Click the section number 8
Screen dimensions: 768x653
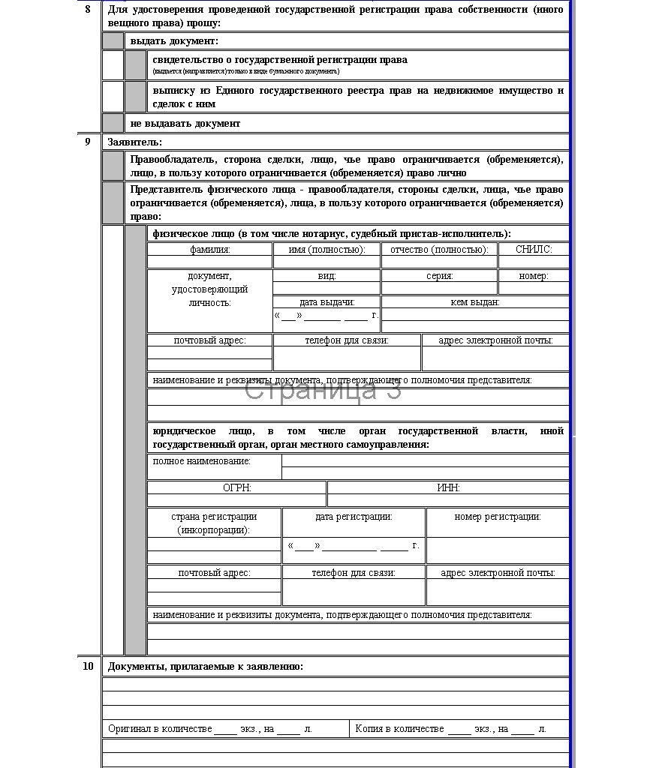point(88,10)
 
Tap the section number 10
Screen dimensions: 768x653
point(88,666)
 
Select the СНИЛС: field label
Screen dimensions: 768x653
point(534,250)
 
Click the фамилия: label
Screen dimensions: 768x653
point(210,250)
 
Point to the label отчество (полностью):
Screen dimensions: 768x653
point(439,250)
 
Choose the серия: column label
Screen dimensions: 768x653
point(439,276)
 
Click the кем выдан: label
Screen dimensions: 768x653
point(475,302)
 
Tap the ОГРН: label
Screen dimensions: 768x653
point(237,487)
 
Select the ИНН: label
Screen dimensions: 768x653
point(448,487)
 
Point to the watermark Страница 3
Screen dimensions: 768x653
point(323,390)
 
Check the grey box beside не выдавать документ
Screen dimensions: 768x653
point(113,123)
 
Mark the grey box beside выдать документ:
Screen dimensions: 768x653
point(113,41)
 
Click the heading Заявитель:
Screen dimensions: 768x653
point(135,142)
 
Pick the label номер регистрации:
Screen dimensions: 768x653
point(498,517)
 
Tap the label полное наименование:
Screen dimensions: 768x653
point(202,461)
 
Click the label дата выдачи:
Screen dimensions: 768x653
point(327,302)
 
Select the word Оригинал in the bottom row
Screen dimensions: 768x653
point(131,729)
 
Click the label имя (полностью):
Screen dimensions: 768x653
point(326,250)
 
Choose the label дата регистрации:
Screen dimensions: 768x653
point(354,517)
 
